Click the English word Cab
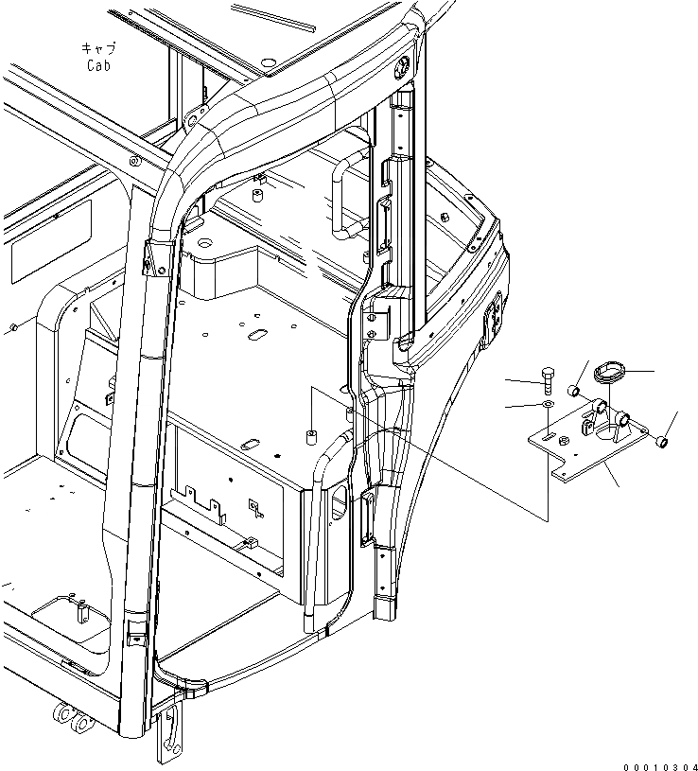point(99,65)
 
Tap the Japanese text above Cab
point(99,48)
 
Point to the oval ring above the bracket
point(606,372)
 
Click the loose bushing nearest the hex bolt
point(574,391)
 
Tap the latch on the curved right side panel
point(495,323)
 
